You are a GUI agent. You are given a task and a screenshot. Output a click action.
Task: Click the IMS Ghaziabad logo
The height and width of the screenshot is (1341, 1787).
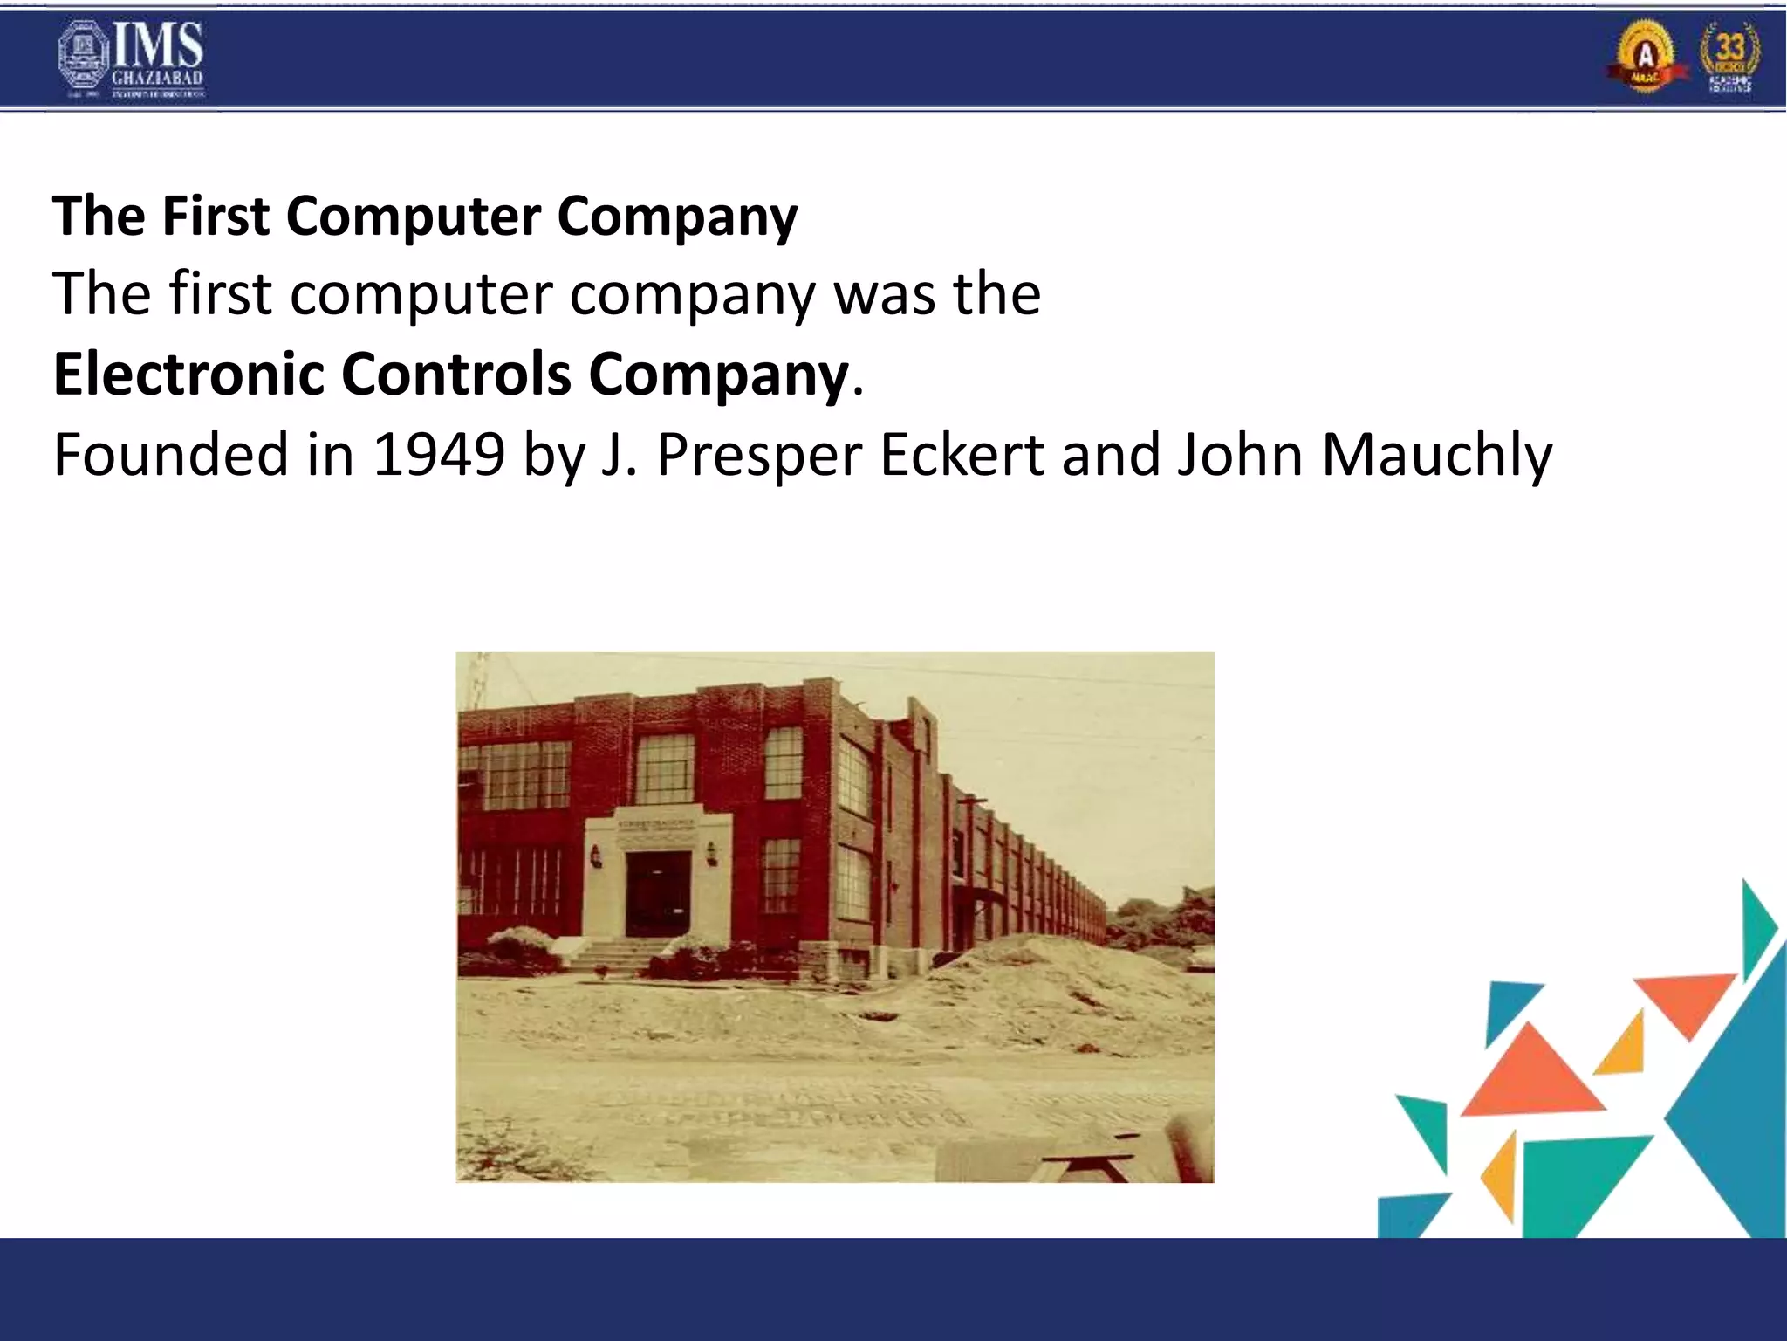point(131,58)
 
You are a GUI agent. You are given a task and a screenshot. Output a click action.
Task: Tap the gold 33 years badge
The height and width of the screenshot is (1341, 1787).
point(1729,57)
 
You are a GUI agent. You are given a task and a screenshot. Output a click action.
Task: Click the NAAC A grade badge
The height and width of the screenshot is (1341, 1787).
point(1645,57)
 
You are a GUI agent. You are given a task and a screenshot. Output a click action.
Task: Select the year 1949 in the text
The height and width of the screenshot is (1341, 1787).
point(439,454)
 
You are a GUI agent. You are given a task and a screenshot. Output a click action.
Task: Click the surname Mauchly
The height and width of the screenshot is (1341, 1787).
point(1437,454)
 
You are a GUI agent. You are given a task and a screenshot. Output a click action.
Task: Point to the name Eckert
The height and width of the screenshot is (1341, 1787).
point(962,454)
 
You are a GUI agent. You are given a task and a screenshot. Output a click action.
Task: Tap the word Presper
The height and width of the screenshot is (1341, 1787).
point(759,454)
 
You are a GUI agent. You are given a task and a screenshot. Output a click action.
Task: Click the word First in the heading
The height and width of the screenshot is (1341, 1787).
point(216,216)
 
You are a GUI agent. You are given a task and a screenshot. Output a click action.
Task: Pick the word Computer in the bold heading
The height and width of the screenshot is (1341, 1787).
point(413,216)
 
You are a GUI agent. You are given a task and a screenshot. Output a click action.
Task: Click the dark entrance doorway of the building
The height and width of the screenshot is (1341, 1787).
point(657,894)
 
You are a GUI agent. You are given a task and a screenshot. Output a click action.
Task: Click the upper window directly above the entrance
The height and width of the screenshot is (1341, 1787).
point(665,768)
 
